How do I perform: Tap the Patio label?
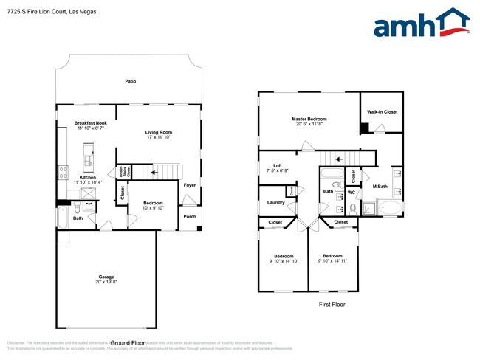point(130,83)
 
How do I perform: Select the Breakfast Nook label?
point(91,123)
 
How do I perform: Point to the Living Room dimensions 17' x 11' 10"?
point(158,137)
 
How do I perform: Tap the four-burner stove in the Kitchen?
point(62,173)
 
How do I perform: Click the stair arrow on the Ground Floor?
point(154,173)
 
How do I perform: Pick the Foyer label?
point(190,185)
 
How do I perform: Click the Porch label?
point(190,216)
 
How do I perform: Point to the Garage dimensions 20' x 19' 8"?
point(106,282)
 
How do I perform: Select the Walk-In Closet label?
point(382,112)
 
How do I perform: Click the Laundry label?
point(275,202)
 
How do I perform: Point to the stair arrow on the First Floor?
point(338,157)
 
